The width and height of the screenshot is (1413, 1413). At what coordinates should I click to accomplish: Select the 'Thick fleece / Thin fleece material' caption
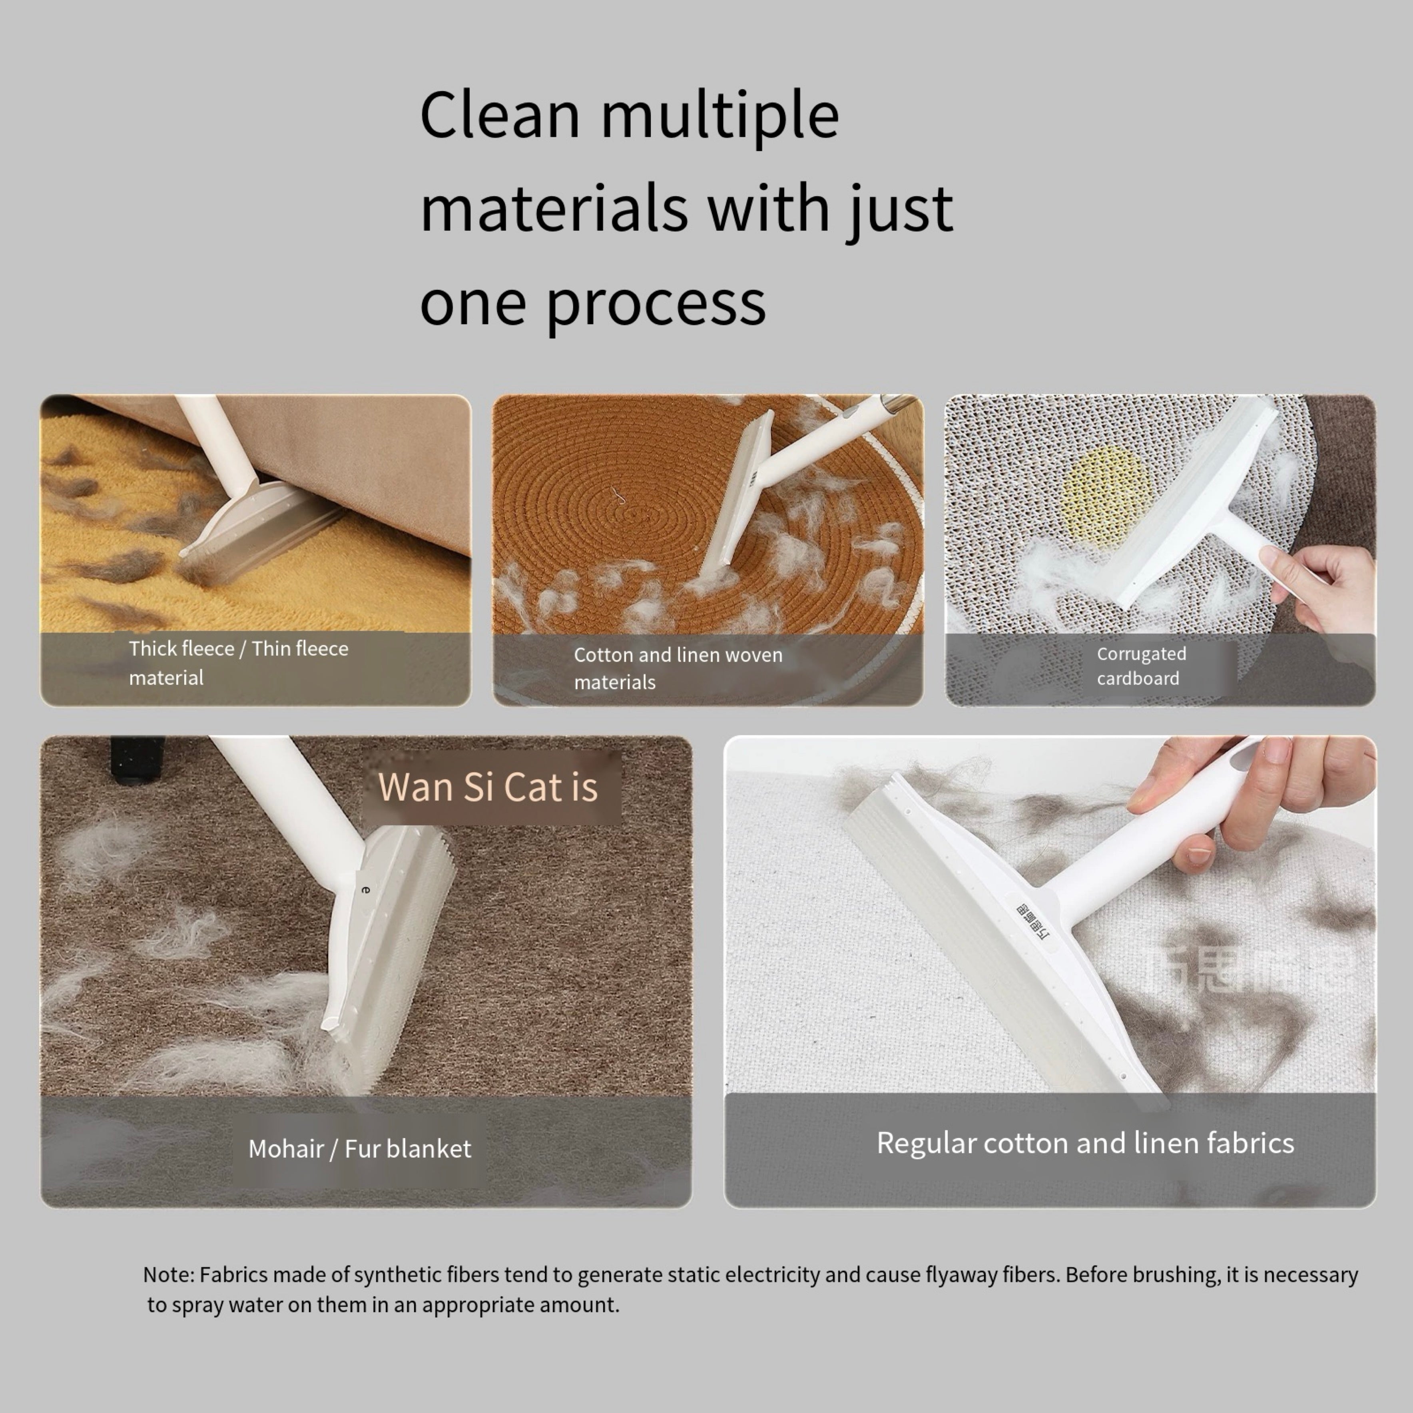coord(238,663)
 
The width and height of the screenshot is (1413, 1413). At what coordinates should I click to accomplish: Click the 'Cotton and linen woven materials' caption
coord(678,668)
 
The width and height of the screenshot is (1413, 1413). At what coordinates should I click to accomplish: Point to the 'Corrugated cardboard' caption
coord(1141,666)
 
